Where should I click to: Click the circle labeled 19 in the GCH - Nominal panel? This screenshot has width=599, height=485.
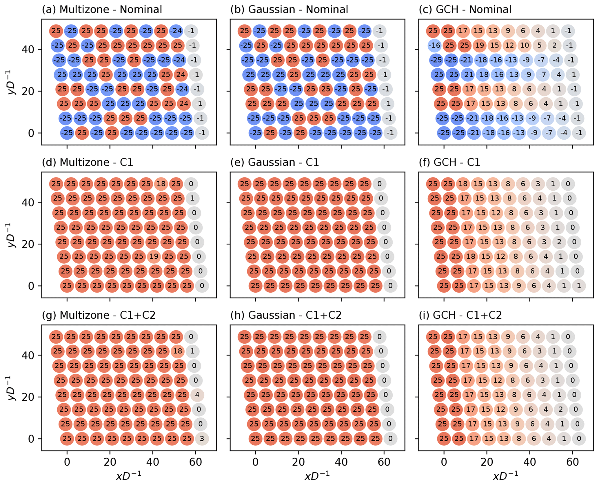tap(480, 45)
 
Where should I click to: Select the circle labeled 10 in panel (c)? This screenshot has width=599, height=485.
tap(525, 45)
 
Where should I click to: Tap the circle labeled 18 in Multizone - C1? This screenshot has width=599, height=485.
tap(161, 184)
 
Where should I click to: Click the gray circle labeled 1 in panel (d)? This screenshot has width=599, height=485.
tap(192, 198)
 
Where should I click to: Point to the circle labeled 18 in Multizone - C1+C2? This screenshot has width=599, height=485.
tap(178, 351)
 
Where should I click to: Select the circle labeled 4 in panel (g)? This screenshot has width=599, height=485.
tap(197, 395)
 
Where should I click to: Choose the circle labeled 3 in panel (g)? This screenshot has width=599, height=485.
tap(202, 438)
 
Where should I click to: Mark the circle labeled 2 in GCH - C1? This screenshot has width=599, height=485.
tap(559, 242)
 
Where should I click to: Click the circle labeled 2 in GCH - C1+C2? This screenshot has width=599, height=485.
tap(561, 409)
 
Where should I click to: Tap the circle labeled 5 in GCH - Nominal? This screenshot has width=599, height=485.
tap(539, 45)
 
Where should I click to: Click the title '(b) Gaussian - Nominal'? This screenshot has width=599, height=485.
tap(289, 10)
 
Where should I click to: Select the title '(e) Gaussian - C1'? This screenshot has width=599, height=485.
tap(274, 162)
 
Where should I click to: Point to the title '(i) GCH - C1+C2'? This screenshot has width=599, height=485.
tap(460, 315)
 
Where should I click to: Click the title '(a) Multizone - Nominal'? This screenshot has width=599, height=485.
tap(102, 10)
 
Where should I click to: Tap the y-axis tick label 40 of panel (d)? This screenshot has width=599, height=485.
tap(28, 203)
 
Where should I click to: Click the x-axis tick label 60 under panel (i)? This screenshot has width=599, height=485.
tap(572, 462)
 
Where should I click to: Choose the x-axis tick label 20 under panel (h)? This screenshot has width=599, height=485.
tap(298, 462)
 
